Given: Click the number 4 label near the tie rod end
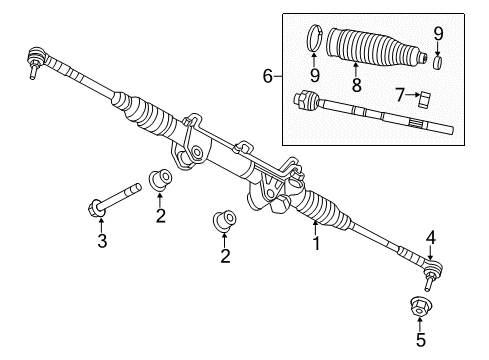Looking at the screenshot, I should click(x=431, y=237).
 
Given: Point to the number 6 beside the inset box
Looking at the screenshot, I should click(x=267, y=75).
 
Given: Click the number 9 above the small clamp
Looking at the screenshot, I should click(x=437, y=33).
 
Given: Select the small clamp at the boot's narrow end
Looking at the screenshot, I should click(x=437, y=62).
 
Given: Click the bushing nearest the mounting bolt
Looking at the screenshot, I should click(x=158, y=181).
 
